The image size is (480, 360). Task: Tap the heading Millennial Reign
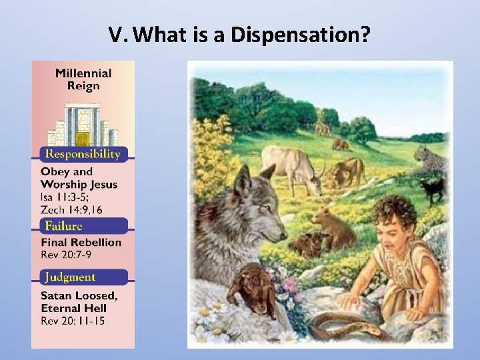(x=83, y=79)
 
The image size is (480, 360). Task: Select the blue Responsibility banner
(x=83, y=154)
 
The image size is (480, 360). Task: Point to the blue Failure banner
(x=83, y=225)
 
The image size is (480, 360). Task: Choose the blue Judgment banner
(x=83, y=277)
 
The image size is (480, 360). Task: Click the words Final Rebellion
(x=81, y=242)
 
